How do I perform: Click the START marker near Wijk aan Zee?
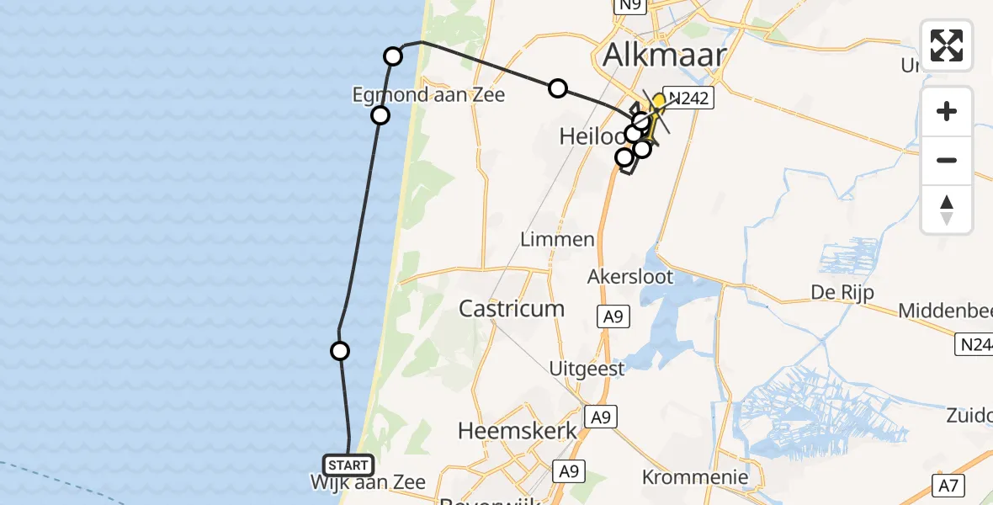point(348,465)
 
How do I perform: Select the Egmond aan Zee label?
point(428,94)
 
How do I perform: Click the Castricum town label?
point(512,308)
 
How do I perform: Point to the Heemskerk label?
point(518,431)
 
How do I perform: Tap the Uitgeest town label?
point(587,369)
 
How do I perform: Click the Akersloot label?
point(631,276)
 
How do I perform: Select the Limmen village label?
point(557,239)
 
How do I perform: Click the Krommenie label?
point(695,477)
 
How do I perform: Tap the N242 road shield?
point(688,98)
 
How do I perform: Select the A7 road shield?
point(948,485)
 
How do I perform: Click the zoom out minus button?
point(947,160)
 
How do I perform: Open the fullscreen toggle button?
point(947,45)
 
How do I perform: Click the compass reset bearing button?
point(947,209)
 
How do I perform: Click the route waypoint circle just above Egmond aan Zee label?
point(393,56)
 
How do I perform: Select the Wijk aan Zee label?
point(368,483)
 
